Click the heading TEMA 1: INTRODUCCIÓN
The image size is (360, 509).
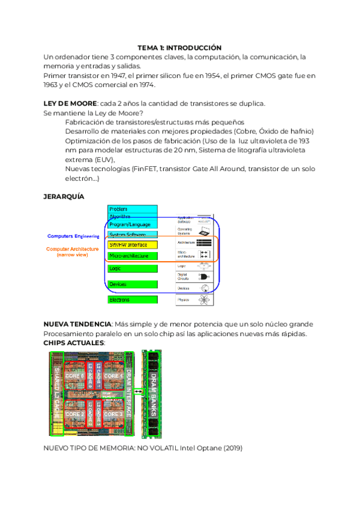(179, 47)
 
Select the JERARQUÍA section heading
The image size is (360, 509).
(64, 196)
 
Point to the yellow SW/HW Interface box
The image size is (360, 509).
(132, 245)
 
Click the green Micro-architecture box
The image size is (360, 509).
(132, 256)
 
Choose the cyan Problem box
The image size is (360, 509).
(132, 209)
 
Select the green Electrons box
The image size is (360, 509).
(132, 299)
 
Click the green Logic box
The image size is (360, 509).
(132, 268)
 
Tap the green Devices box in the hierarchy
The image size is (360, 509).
(132, 284)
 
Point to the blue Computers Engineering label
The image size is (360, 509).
(73, 236)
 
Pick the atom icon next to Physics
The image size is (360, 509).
(206, 299)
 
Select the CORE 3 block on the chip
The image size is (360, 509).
(112, 414)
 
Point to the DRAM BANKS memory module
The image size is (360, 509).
(153, 393)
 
